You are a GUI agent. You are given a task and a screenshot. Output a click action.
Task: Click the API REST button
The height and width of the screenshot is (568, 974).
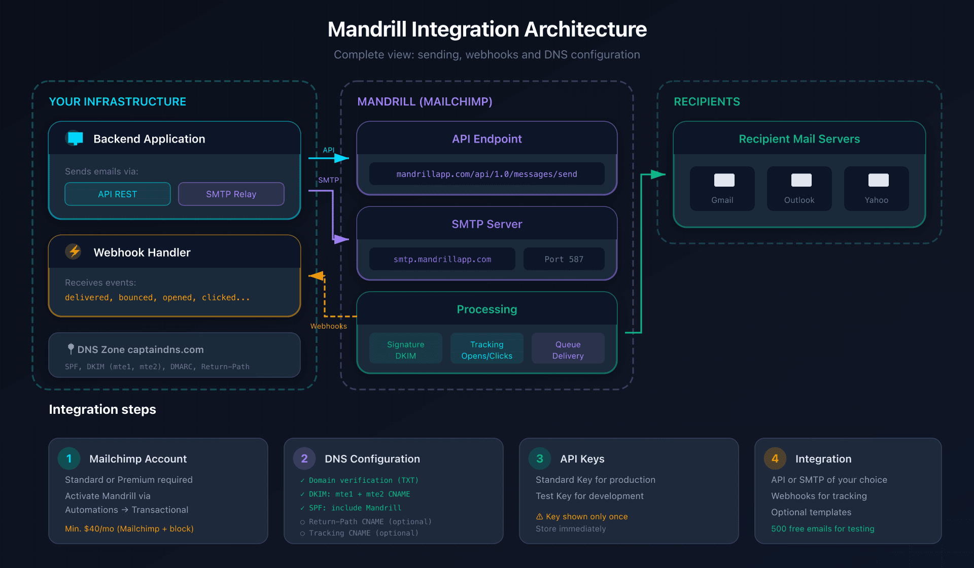coord(118,194)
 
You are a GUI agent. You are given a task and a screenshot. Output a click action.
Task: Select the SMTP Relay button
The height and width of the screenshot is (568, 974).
coord(231,194)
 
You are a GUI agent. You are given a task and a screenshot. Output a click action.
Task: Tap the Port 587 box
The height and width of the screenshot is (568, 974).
coord(564,259)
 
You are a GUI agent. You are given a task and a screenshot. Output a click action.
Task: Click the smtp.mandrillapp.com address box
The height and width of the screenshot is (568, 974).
coord(442,259)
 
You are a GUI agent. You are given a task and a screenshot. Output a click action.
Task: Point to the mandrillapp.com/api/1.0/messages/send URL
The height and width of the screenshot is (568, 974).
coord(486,174)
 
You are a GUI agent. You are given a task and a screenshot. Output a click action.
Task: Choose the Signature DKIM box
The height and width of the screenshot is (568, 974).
coord(405,349)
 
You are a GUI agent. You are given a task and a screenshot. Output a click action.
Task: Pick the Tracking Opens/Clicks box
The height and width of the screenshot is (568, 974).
coord(486,349)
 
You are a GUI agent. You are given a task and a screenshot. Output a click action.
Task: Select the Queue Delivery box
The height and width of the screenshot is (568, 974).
coord(568,349)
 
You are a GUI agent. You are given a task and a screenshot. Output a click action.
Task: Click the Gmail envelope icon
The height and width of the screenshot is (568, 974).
coord(724,180)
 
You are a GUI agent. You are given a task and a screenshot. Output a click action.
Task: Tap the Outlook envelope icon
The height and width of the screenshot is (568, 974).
coord(801,180)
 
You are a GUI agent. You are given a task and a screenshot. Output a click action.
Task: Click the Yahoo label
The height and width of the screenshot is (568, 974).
coord(876,200)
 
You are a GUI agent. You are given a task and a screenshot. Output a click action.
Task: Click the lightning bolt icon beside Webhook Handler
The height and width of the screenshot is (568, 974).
coord(74,252)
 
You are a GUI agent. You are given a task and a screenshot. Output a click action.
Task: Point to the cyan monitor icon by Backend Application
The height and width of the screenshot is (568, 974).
coord(75,138)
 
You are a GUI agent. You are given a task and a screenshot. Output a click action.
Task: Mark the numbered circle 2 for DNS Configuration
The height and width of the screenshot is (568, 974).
coord(304,458)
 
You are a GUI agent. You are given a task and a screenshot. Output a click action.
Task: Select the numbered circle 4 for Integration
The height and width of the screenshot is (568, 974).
coord(775,458)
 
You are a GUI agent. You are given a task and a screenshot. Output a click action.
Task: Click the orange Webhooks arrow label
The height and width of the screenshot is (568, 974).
coord(329,326)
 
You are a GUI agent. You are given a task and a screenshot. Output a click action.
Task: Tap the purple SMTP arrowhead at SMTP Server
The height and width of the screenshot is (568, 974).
coord(341,239)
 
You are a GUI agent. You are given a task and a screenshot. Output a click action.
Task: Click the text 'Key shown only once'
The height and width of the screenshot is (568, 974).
coord(586,516)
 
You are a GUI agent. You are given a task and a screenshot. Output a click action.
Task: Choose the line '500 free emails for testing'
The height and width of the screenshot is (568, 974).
coord(822,528)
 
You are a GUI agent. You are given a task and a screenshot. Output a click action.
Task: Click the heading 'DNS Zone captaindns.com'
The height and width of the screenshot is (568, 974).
coord(140,349)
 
